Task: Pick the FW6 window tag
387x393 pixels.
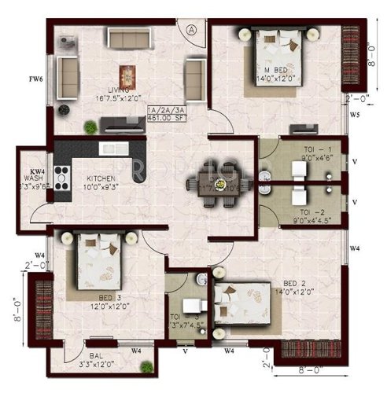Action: (35, 79)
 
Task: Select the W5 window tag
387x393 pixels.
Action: (355, 116)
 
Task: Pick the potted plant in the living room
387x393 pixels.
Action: (91, 125)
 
